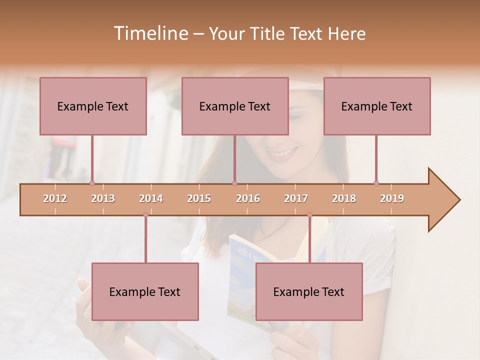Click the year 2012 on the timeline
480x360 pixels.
tap(55, 198)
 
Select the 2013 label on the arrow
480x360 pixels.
tap(103, 198)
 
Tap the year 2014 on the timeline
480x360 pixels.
tap(151, 198)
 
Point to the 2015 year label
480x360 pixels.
tap(199, 198)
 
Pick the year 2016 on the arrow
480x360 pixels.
tap(248, 198)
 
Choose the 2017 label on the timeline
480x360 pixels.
tap(296, 198)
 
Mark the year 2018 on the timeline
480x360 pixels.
tap(344, 198)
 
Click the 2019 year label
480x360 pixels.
tap(392, 198)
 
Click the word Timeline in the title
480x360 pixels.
tap(150, 33)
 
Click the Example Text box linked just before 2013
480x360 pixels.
tap(93, 106)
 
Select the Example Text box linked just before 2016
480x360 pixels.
tap(235, 106)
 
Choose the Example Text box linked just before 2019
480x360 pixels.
tap(377, 106)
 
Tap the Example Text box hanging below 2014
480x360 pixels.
tap(145, 291)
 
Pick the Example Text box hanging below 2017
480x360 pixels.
tap(309, 291)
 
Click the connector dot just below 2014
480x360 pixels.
tap(145, 215)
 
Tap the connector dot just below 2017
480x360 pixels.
tap(309, 215)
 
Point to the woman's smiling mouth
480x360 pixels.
tap(282, 153)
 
